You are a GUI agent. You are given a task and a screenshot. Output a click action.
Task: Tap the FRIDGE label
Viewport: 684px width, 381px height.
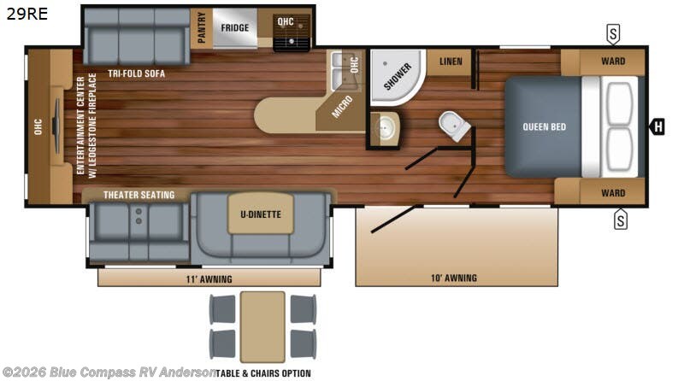click(234, 27)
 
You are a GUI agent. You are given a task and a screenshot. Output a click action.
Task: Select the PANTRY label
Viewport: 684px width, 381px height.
click(202, 27)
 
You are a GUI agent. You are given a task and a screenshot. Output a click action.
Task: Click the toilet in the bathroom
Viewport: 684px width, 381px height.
click(455, 126)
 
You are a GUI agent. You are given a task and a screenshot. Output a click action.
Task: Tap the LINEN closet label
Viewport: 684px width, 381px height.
click(451, 62)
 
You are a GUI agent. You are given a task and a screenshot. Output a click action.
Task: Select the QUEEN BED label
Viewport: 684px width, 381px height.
click(545, 127)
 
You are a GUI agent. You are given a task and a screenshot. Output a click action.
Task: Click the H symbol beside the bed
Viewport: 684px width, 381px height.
click(657, 128)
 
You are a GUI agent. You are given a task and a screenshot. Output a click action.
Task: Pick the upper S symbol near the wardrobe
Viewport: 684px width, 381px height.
click(613, 33)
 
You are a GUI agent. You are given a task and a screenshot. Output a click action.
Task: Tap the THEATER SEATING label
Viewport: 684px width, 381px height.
click(139, 195)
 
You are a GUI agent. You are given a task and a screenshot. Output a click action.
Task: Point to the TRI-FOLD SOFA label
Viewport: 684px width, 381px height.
click(137, 73)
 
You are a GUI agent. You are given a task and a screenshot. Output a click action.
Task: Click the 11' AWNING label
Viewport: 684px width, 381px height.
click(209, 278)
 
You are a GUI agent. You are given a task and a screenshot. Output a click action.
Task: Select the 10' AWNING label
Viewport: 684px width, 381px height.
click(454, 278)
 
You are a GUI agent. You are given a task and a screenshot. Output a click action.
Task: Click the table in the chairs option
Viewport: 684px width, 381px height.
click(262, 325)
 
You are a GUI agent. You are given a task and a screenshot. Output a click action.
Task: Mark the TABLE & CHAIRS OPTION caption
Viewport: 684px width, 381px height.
click(262, 372)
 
